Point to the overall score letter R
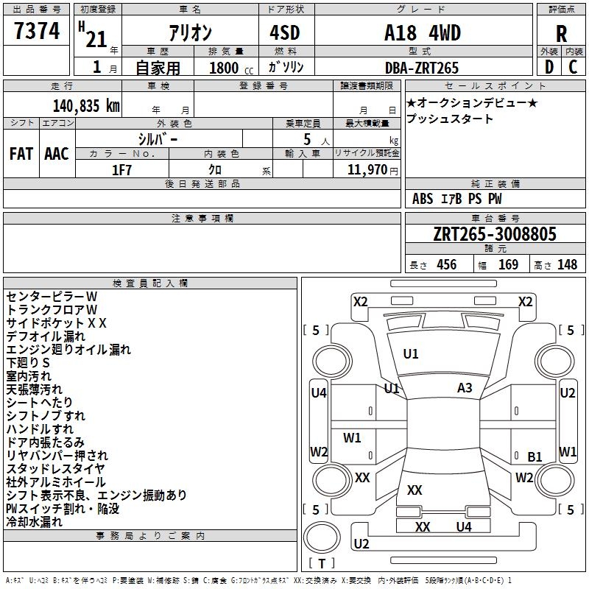pyautogui.click(x=562, y=34)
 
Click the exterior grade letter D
pyautogui.click(x=549, y=66)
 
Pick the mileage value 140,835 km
pyautogui.click(x=86, y=105)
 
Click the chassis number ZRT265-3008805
pyautogui.click(x=495, y=235)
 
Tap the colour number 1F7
pyautogui.click(x=121, y=169)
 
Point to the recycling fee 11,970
pyautogui.click(x=366, y=169)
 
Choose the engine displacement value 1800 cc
pyautogui.click(x=225, y=68)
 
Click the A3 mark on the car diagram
pyautogui.click(x=465, y=388)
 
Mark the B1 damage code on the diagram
pyautogui.click(x=535, y=456)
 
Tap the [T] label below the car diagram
pyautogui.click(x=322, y=563)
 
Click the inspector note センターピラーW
pyautogui.click(x=52, y=296)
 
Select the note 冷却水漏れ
pyautogui.click(x=34, y=521)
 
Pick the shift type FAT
pyautogui.click(x=21, y=154)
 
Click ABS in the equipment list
pyautogui.click(x=423, y=199)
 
